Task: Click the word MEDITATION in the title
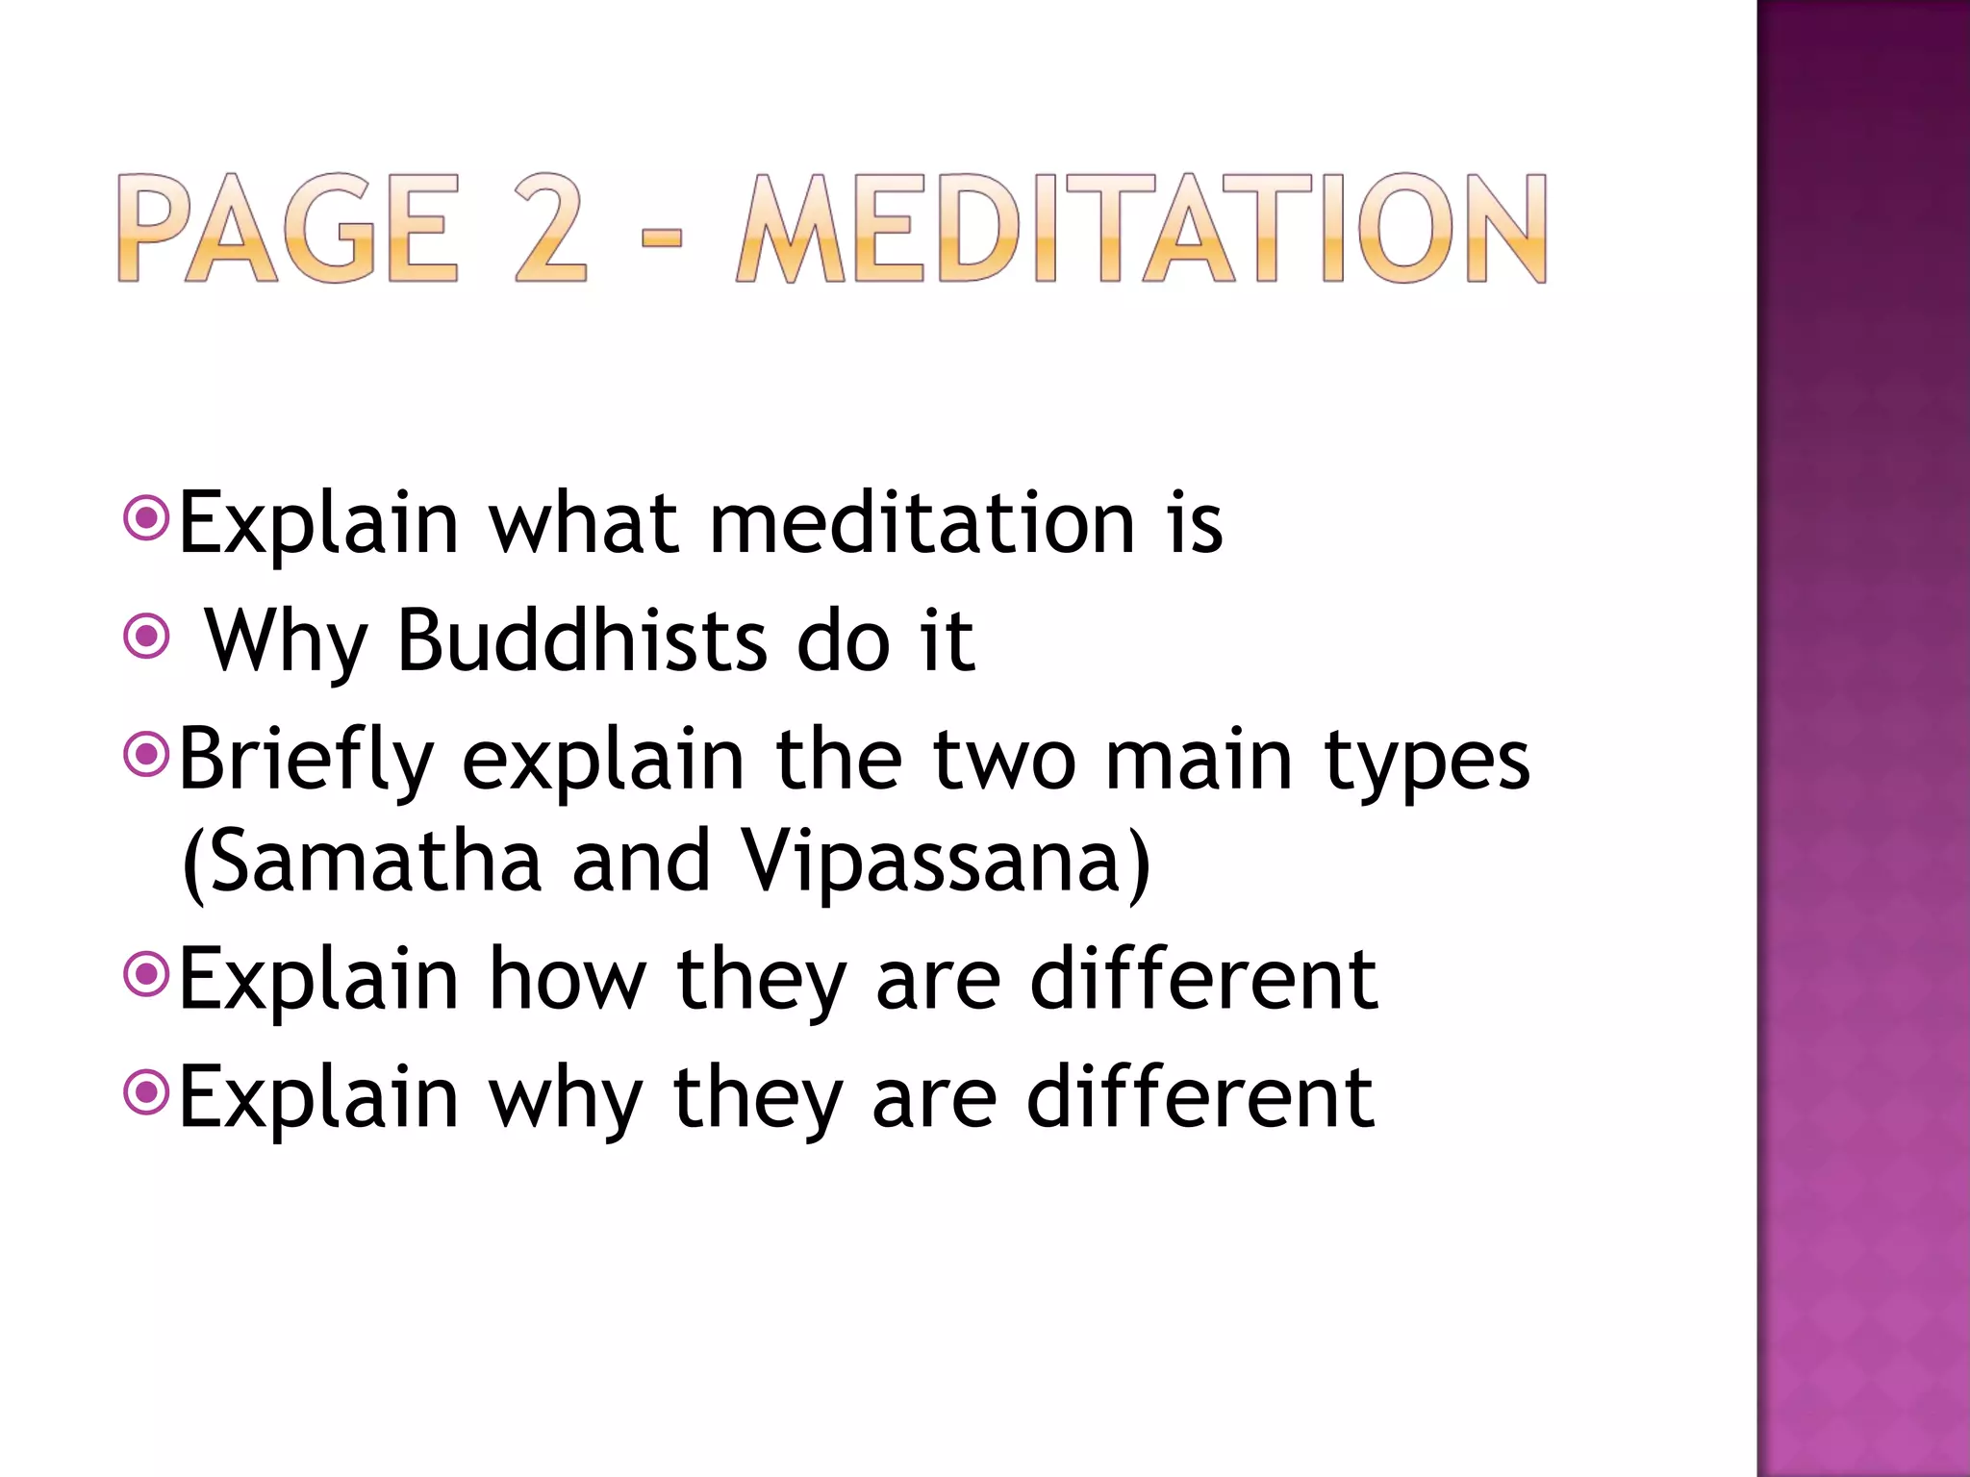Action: pyautogui.click(x=1141, y=229)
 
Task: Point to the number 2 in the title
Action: pyautogui.click(x=550, y=229)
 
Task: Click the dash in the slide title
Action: pyautogui.click(x=661, y=234)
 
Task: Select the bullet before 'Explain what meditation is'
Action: pyautogui.click(x=147, y=519)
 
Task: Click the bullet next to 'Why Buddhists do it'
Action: pyautogui.click(x=147, y=637)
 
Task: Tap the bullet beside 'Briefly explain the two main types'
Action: pyautogui.click(x=147, y=755)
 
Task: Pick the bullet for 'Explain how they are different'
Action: pyautogui.click(x=147, y=976)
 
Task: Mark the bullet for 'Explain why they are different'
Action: pyautogui.click(x=147, y=1093)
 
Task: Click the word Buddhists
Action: pyautogui.click(x=582, y=640)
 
